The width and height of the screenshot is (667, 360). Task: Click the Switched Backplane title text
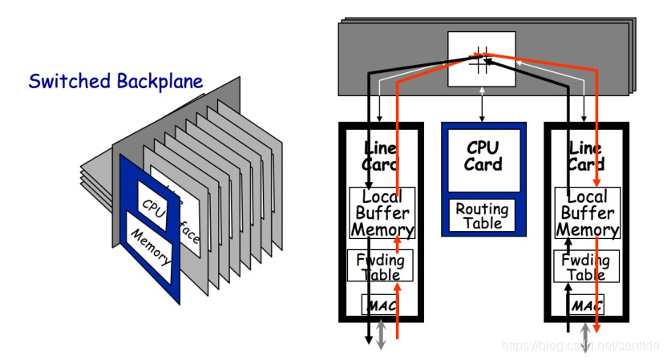point(115,81)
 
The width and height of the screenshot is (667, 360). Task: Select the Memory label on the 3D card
point(150,249)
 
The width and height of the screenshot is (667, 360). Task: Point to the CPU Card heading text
point(483,156)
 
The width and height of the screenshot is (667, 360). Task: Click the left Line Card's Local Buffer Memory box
point(382,213)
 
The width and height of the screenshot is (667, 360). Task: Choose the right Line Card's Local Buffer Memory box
point(588,213)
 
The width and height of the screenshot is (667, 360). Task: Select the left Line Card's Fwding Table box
point(382,266)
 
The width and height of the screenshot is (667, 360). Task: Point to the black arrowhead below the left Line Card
point(370,340)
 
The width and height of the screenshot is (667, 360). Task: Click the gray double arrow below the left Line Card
point(382,334)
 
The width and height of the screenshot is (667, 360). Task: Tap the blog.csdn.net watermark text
point(580,346)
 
